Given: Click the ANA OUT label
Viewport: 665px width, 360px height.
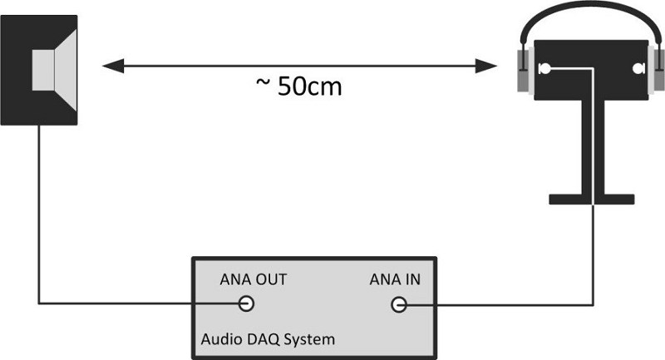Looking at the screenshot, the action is click(x=254, y=279).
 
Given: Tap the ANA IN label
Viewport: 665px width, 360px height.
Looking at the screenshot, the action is click(x=395, y=279).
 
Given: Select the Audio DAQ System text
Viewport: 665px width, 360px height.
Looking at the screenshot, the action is click(x=268, y=339).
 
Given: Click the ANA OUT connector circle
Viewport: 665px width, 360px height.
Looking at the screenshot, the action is click(x=246, y=303).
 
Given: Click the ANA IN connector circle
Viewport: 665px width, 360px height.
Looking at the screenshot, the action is click(x=399, y=304).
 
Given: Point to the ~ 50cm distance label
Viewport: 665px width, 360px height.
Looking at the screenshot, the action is click(x=299, y=86).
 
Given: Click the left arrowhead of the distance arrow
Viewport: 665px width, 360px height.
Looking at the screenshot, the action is click(x=113, y=66).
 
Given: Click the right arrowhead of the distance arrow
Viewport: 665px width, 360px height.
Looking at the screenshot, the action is click(x=486, y=66).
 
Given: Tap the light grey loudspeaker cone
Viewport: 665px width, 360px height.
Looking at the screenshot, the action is click(x=54, y=70).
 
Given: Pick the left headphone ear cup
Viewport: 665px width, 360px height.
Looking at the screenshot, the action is click(x=525, y=70).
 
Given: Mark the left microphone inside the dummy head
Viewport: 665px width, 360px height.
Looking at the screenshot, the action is click(x=544, y=68).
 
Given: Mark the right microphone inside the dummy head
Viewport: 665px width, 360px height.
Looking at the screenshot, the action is click(x=638, y=68).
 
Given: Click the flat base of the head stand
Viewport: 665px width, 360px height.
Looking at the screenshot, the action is click(x=592, y=200).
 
